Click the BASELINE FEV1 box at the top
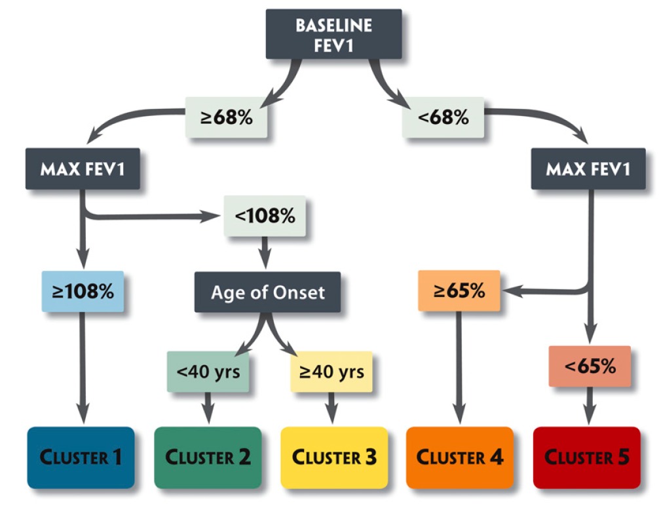click(x=333, y=34)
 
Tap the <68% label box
click(x=443, y=117)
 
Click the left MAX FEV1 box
click(x=83, y=169)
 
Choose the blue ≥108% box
click(x=83, y=291)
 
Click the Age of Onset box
click(x=267, y=292)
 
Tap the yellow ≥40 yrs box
click(x=331, y=372)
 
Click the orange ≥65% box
click(x=459, y=290)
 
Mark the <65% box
click(x=590, y=366)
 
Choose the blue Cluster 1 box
click(x=81, y=457)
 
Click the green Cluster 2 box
click(x=208, y=457)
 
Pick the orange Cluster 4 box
click(x=460, y=457)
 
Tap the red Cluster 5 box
click(x=587, y=457)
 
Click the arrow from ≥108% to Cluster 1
click(x=83, y=367)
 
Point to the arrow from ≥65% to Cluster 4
click(x=459, y=367)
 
